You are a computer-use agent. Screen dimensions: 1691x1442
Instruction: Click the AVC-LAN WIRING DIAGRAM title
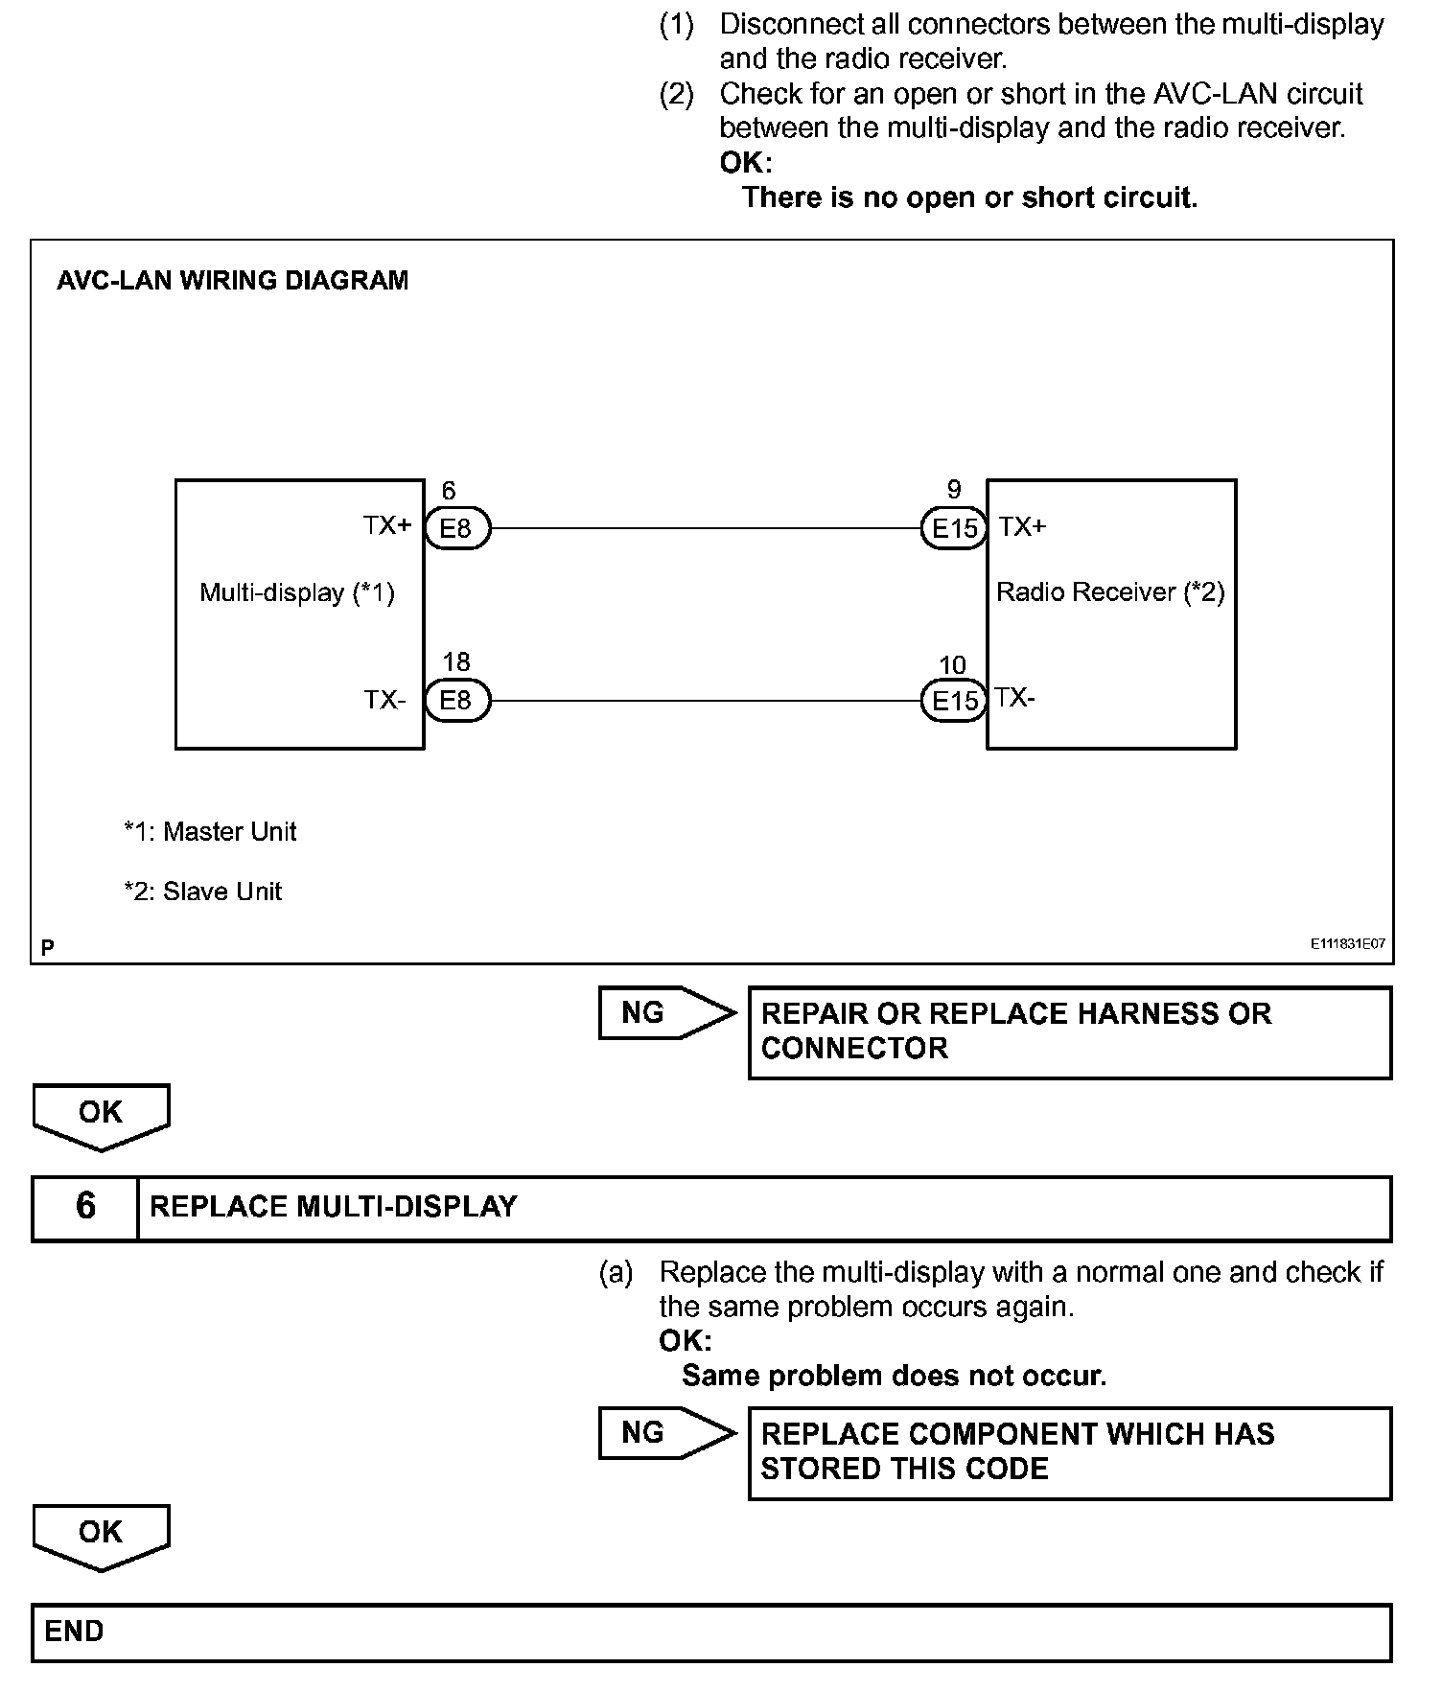click(233, 281)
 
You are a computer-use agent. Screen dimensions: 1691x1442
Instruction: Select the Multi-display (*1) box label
click(297, 592)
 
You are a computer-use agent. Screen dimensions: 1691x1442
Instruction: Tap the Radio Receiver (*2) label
click(1110, 591)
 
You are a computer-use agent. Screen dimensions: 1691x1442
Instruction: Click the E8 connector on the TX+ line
click(456, 528)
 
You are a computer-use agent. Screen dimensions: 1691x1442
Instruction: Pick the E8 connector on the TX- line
click(456, 701)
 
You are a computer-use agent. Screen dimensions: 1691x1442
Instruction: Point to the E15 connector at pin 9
click(954, 528)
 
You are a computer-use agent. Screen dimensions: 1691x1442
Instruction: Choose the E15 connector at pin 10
click(954, 701)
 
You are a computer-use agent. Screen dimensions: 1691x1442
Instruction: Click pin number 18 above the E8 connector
click(456, 661)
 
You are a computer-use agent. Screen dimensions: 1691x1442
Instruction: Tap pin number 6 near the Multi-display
click(449, 491)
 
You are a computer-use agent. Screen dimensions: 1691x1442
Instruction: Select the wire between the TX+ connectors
click(705, 528)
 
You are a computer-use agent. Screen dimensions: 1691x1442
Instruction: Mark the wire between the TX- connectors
click(705, 701)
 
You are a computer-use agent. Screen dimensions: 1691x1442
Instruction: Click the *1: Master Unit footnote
click(210, 831)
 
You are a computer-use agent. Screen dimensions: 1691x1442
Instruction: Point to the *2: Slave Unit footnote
click(203, 892)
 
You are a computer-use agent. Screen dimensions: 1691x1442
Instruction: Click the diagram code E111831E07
click(1348, 943)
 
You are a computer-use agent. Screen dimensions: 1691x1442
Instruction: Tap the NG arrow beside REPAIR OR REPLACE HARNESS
click(663, 1012)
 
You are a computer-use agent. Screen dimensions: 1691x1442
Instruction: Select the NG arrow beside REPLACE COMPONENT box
click(663, 1432)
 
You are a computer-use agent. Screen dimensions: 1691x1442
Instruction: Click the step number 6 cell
click(85, 1207)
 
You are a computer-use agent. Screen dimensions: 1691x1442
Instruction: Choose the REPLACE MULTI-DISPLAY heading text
click(334, 1207)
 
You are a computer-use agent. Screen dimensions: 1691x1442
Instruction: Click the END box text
click(75, 1631)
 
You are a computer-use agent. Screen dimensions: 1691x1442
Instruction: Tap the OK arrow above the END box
click(101, 1535)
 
